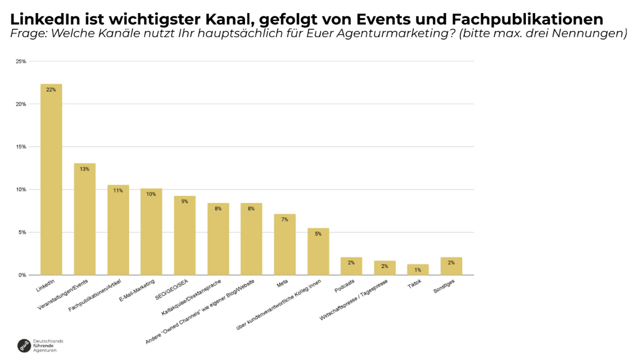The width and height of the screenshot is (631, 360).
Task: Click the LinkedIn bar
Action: click(x=51, y=180)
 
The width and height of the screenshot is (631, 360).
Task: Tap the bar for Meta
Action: click(x=284, y=245)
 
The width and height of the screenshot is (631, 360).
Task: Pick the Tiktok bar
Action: click(x=418, y=270)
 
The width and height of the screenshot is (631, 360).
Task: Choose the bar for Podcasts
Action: click(x=351, y=266)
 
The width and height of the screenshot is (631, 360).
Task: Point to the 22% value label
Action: click(x=51, y=89)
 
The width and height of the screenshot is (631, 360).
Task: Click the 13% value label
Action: click(x=84, y=169)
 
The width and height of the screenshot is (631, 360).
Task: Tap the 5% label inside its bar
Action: click(x=318, y=234)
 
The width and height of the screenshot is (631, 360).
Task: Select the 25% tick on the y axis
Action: click(x=21, y=62)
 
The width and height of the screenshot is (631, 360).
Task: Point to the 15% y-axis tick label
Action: click(x=21, y=147)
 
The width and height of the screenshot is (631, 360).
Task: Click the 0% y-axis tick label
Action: click(x=22, y=275)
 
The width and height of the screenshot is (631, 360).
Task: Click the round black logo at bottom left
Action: click(x=24, y=345)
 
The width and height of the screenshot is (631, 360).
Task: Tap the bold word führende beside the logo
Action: click(x=44, y=345)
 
